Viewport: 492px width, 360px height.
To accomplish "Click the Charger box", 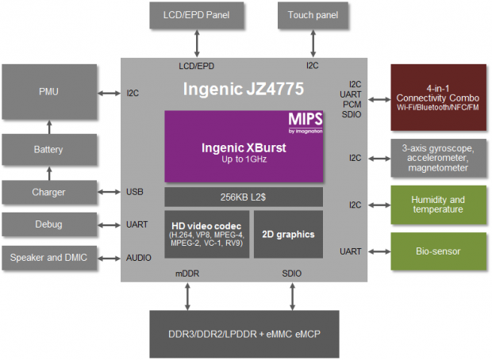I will [x=48, y=191].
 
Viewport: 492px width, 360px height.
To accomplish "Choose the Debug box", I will [x=48, y=224].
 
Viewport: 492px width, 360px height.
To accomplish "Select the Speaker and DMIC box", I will [x=48, y=258].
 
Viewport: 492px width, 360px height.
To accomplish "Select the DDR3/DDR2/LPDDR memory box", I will [x=243, y=332].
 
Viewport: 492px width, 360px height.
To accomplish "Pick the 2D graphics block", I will [x=287, y=234].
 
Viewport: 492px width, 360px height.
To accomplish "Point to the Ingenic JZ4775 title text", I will [x=244, y=86].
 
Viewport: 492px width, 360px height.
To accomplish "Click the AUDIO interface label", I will [x=139, y=258].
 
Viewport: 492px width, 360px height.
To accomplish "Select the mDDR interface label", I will [x=187, y=274].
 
